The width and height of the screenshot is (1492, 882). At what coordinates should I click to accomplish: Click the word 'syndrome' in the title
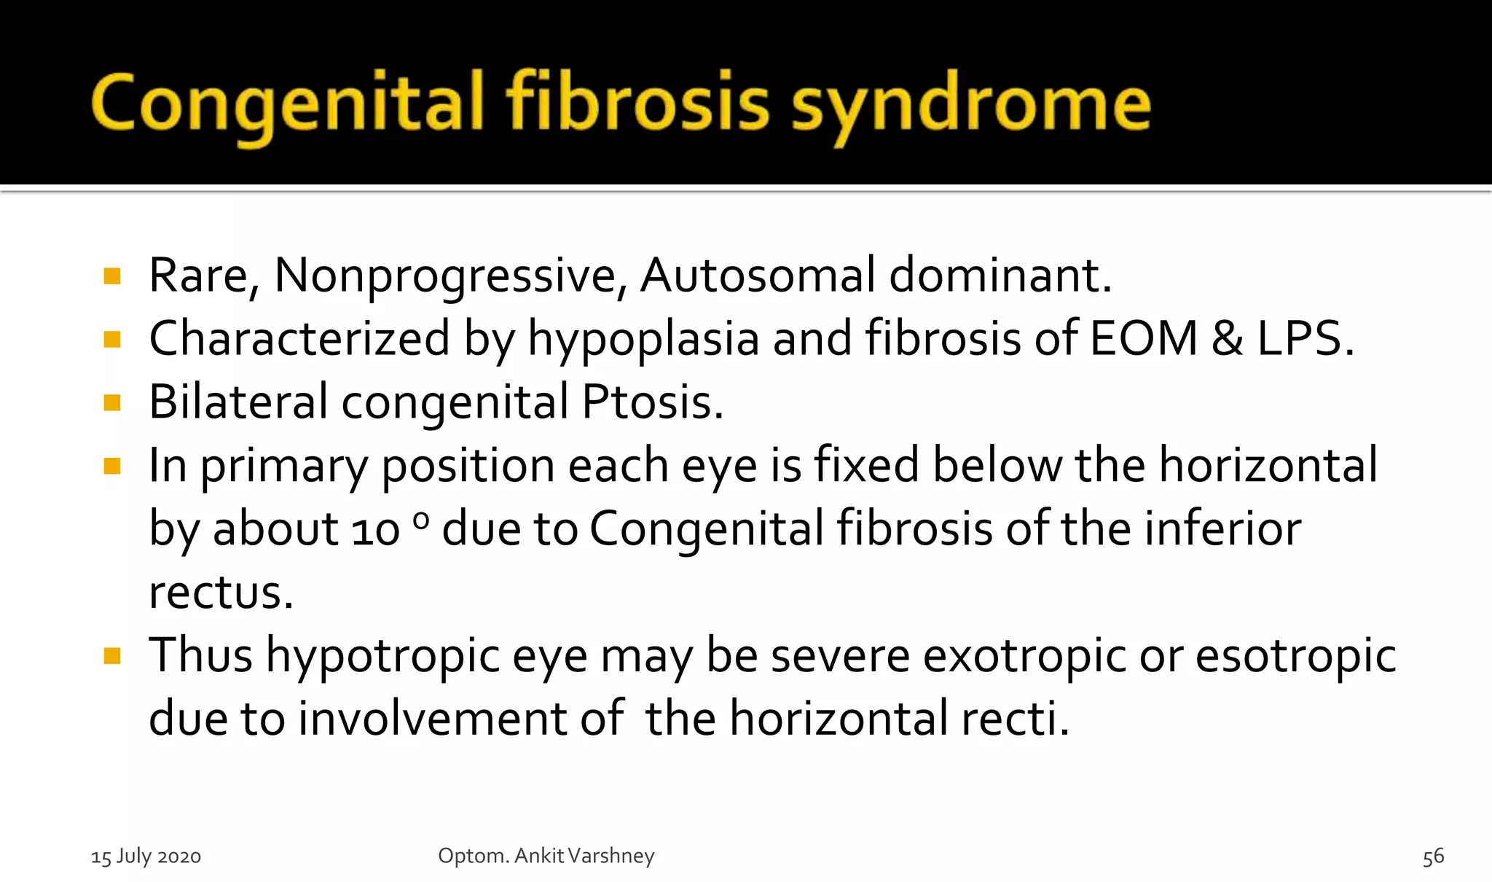970,106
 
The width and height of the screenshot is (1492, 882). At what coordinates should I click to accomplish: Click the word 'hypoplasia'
643,340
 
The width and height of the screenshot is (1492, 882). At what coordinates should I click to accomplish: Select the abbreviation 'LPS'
1300,339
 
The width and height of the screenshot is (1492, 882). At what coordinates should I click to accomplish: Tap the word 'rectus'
220,593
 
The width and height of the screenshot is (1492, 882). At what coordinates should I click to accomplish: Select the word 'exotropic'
1024,656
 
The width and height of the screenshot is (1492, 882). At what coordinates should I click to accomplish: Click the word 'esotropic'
1295,656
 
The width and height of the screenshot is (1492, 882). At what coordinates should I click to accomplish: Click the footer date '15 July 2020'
146,856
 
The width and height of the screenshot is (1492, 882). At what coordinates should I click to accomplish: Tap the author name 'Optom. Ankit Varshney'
546,856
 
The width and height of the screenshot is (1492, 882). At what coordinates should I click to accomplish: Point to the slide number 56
1433,857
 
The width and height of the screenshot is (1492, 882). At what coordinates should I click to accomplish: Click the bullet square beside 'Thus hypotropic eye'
112,657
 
